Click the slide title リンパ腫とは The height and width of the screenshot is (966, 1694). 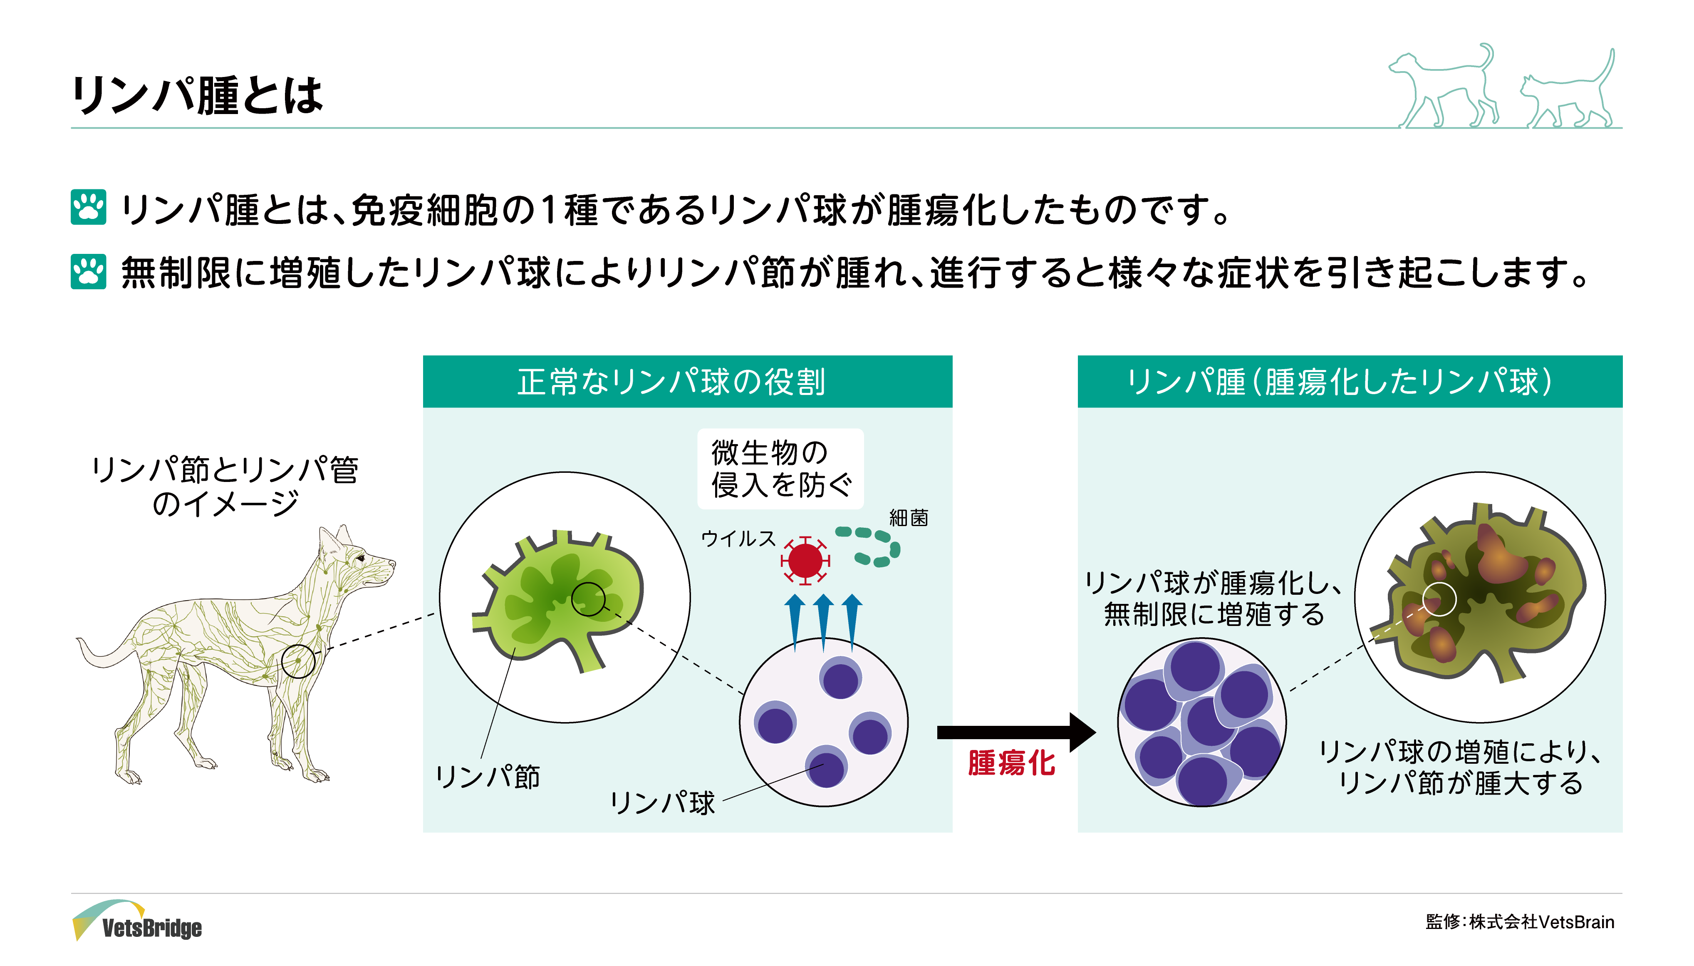[x=197, y=95]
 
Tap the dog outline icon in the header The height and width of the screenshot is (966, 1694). [x=1443, y=86]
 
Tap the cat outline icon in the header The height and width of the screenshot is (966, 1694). [x=1568, y=89]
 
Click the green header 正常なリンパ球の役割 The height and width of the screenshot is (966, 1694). [x=688, y=382]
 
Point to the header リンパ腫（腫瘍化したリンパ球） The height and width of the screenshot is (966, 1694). [x=1350, y=382]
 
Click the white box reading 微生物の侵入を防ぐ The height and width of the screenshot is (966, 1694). [x=780, y=468]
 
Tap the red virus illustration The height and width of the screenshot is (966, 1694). [x=805, y=561]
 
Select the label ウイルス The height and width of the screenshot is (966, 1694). [x=738, y=538]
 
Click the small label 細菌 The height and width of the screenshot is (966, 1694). [x=908, y=517]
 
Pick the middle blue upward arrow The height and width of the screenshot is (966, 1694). [x=823, y=622]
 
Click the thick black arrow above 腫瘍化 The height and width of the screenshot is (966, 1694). [x=1016, y=733]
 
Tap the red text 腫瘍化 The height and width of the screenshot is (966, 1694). [x=1011, y=763]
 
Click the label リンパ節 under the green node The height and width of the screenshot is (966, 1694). [x=487, y=776]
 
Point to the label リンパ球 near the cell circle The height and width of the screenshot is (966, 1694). [x=662, y=803]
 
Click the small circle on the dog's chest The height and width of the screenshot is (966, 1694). [x=298, y=661]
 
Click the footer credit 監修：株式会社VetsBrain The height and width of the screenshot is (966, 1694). [x=1520, y=921]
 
